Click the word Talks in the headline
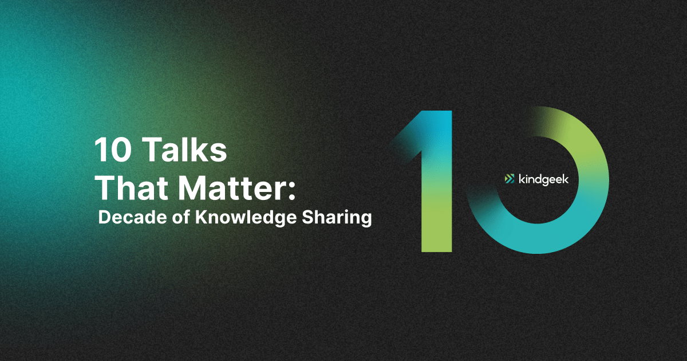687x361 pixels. (186, 149)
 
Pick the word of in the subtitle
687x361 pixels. (181, 217)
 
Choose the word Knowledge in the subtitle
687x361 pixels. (246, 218)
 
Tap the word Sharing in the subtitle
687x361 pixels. (337, 218)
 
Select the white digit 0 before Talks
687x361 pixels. (122, 150)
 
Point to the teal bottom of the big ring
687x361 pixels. (537, 240)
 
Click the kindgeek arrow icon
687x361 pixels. (510, 179)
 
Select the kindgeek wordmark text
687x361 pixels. (543, 179)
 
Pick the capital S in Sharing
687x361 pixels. (308, 217)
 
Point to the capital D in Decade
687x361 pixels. (105, 217)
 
